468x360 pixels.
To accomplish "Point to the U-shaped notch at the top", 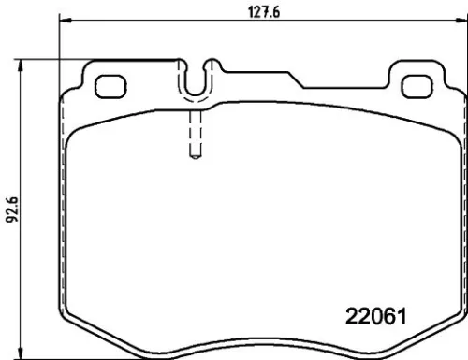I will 195,86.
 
